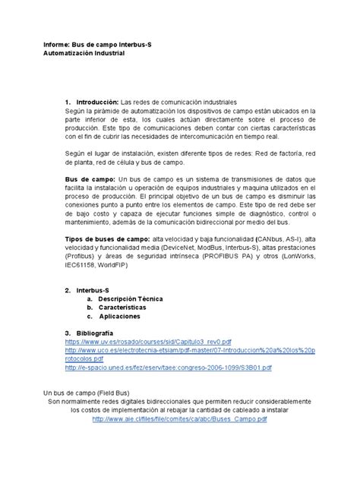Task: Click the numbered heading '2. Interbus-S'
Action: pyautogui.click(x=87, y=290)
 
